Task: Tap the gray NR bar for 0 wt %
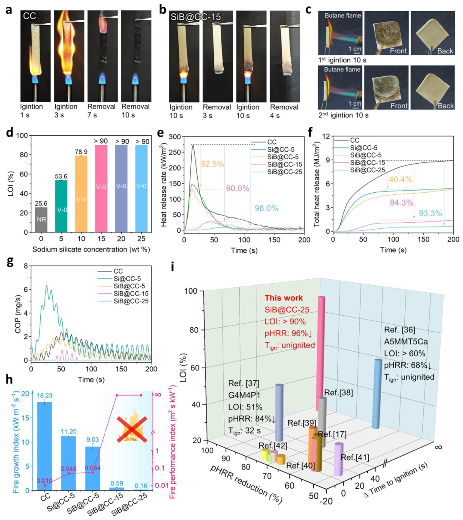tap(41, 220)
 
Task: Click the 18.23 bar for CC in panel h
tap(45, 446)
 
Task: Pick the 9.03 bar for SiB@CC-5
tap(93, 469)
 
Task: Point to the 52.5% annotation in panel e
tap(212, 164)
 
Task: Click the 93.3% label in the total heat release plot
tap(430, 213)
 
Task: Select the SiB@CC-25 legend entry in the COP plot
tap(123, 301)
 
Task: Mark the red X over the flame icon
tap(132, 430)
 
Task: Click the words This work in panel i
tap(284, 298)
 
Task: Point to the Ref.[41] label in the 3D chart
tap(355, 457)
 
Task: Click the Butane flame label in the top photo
tap(343, 16)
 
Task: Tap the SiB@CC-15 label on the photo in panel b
tap(196, 17)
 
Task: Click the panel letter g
tap(10, 262)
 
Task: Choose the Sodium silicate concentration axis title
tap(91, 249)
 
